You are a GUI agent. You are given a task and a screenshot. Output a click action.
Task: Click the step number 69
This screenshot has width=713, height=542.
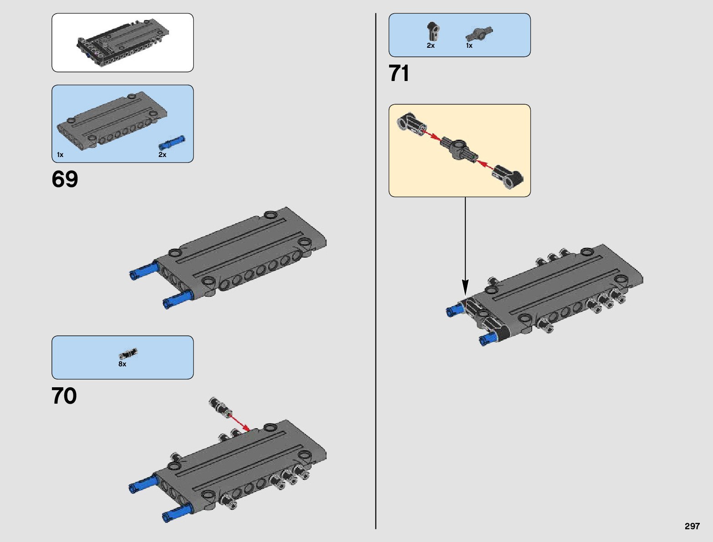click(x=65, y=179)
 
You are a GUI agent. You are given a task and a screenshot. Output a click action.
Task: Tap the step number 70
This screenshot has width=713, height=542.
click(x=64, y=396)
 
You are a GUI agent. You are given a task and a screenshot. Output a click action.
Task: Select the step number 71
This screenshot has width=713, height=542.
click(x=399, y=73)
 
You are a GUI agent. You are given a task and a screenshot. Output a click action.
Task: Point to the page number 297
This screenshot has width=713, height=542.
click(x=692, y=526)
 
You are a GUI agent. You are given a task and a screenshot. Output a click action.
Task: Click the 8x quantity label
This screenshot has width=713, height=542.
click(x=123, y=364)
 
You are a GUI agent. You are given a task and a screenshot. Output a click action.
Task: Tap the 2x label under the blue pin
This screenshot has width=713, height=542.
click(x=162, y=155)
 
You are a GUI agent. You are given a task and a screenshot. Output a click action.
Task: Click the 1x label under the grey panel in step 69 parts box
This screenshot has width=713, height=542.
click(x=60, y=155)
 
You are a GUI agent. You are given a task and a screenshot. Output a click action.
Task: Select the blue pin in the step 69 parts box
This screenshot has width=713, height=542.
click(x=171, y=142)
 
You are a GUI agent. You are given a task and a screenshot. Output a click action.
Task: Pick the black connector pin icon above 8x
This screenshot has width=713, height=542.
click(x=128, y=353)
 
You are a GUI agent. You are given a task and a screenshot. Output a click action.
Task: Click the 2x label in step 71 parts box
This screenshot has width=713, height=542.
click(x=431, y=46)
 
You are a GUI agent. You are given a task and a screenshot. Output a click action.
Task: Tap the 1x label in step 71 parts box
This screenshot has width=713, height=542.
click(x=469, y=46)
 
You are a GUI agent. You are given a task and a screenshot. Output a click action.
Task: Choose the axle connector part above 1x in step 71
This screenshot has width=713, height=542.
click(x=479, y=34)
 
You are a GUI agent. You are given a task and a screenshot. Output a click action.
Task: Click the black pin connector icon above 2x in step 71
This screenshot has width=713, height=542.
click(x=432, y=31)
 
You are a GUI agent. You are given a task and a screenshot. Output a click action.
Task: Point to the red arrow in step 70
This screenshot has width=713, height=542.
click(x=238, y=421)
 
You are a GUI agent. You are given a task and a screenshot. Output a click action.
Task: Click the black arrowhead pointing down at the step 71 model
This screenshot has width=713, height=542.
click(x=465, y=288)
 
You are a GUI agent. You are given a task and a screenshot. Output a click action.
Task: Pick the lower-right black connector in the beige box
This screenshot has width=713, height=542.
click(x=509, y=177)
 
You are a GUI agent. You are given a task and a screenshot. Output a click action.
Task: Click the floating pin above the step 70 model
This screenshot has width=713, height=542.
click(x=220, y=406)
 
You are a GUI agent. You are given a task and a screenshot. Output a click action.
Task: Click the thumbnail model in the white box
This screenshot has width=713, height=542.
click(x=122, y=43)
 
